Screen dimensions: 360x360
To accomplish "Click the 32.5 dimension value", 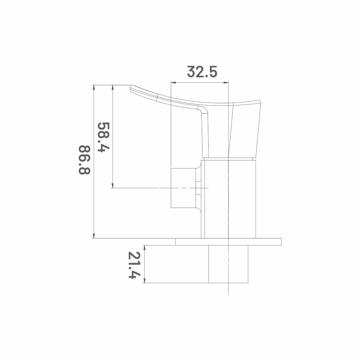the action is click(202, 72).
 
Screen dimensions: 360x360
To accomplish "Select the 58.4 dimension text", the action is click(104, 137).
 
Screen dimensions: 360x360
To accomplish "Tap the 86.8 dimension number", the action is click(85, 160).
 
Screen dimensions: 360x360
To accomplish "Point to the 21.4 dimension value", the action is click(134, 265).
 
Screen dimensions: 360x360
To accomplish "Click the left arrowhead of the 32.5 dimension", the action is click(173, 82).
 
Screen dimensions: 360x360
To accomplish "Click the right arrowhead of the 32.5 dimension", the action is click(226, 82).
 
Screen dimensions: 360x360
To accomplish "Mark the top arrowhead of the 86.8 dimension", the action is click(94, 87).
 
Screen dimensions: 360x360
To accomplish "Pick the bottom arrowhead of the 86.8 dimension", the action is click(94, 236).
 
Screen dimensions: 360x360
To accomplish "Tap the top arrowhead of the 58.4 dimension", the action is click(113, 87).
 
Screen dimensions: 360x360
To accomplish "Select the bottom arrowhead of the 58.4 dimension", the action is click(113, 186).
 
